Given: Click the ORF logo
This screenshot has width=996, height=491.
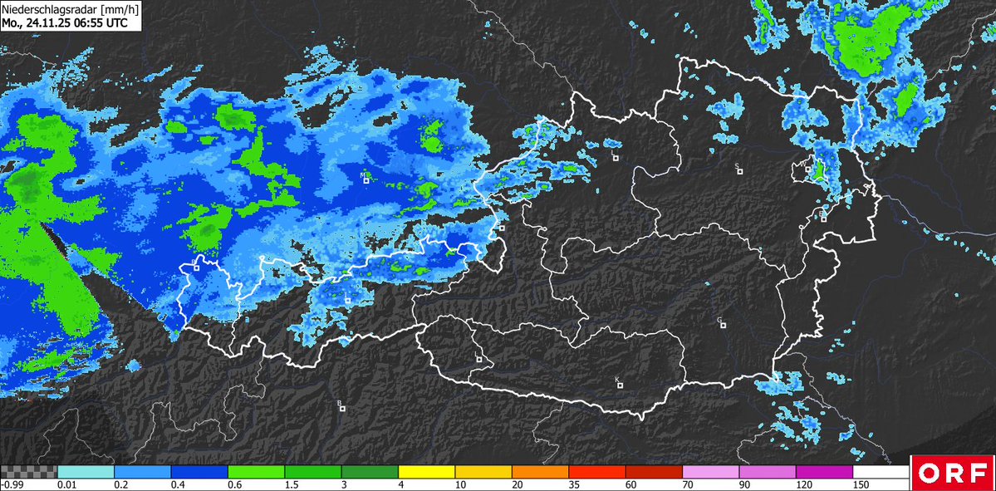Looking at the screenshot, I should (953, 473).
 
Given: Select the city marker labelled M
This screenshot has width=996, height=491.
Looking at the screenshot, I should (366, 181).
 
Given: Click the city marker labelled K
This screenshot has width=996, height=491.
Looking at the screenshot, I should (620, 385).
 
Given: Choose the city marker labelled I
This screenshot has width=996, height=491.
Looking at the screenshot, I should (347, 301).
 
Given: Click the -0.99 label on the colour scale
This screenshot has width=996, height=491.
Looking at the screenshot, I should (12, 484).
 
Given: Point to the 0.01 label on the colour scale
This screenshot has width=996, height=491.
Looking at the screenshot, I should (67, 484).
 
